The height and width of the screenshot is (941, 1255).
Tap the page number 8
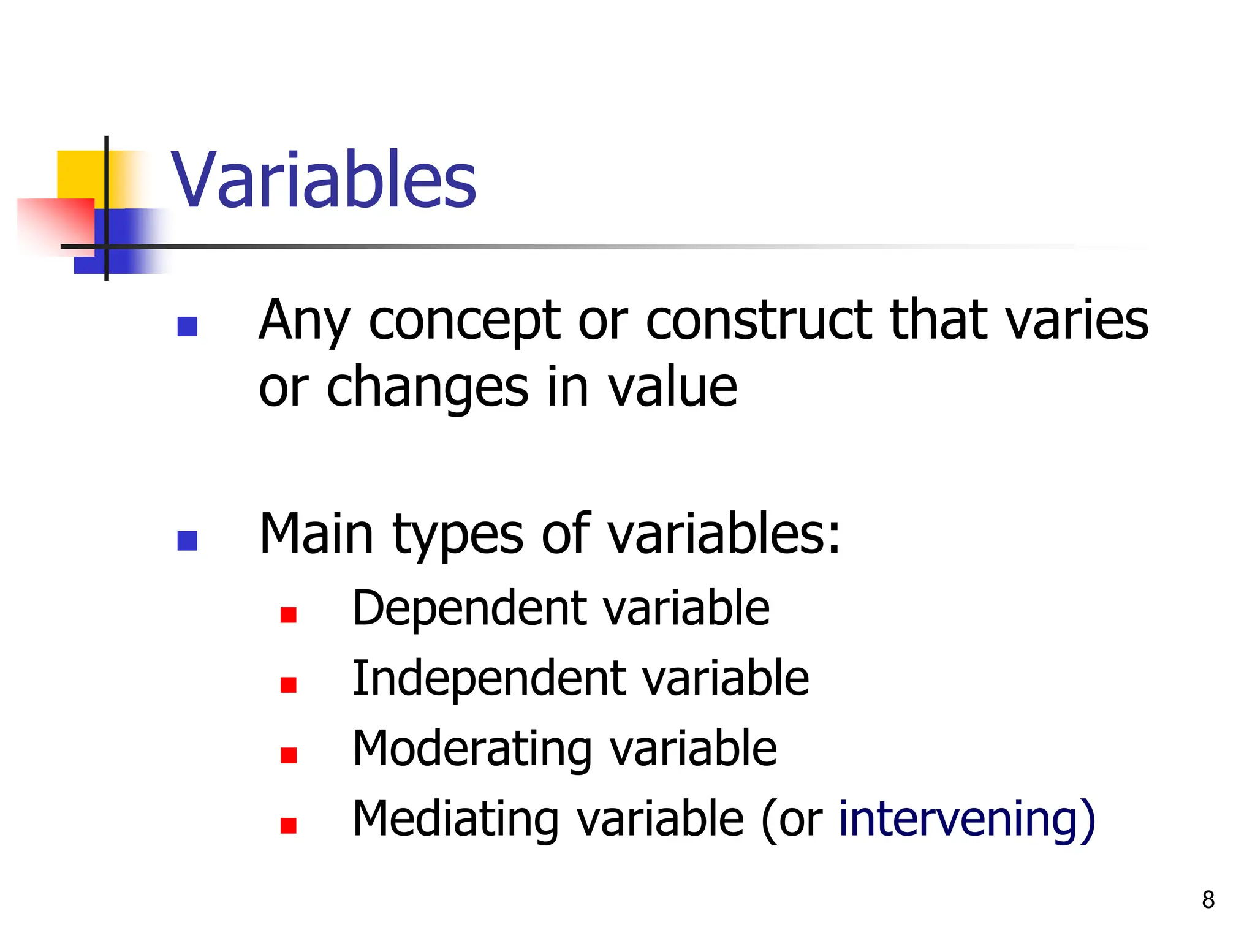click(x=1208, y=900)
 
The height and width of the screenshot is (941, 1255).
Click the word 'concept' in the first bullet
click(x=464, y=321)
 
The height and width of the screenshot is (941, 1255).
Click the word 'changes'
click(x=427, y=390)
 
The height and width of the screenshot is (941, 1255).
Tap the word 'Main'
click(x=316, y=534)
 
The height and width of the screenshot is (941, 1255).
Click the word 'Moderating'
click(x=471, y=750)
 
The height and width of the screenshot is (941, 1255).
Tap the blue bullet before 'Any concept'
click(x=187, y=327)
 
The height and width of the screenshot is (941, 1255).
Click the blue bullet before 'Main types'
click(x=187, y=540)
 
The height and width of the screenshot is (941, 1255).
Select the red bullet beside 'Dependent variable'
click(x=288, y=614)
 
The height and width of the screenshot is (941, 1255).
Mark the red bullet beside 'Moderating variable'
click(x=288, y=755)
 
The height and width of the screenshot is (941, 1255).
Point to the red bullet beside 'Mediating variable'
click(x=288, y=826)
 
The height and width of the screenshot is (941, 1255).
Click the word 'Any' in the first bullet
click(x=304, y=322)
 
